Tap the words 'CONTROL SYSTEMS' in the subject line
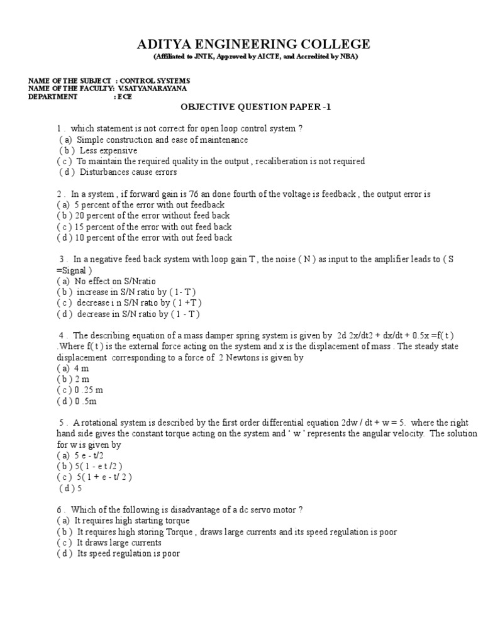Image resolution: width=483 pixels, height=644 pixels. click(155, 81)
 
